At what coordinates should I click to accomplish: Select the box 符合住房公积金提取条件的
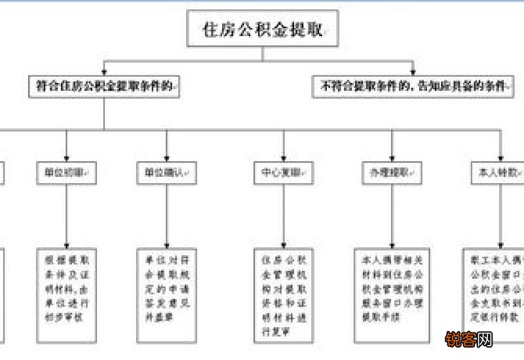coord(105,86)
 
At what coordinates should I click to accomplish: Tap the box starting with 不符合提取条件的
coord(414,86)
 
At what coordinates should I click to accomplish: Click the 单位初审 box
coord(64,173)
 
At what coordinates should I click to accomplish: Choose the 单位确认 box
coord(167,173)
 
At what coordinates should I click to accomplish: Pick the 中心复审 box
coord(283,173)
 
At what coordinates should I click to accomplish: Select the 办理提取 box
coord(392,173)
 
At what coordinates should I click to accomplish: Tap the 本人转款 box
coord(500,173)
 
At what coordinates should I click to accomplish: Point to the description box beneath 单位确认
coord(167,289)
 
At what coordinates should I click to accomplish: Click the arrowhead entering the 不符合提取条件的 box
coord(414,73)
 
